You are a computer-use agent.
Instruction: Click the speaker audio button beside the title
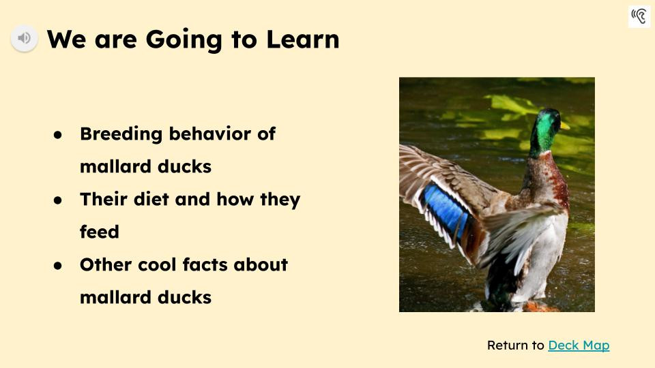[24, 38]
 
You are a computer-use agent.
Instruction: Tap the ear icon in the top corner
[639, 16]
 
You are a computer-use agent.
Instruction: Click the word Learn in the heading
[302, 39]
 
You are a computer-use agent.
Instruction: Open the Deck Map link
[579, 346]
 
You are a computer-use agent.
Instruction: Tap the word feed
[100, 232]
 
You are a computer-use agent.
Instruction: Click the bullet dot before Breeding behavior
[58, 134]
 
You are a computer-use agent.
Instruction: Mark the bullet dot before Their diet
[58, 200]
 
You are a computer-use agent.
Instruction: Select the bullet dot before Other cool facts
[58, 265]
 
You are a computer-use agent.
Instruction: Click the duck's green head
[544, 129]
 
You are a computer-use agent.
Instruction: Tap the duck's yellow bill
[564, 125]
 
